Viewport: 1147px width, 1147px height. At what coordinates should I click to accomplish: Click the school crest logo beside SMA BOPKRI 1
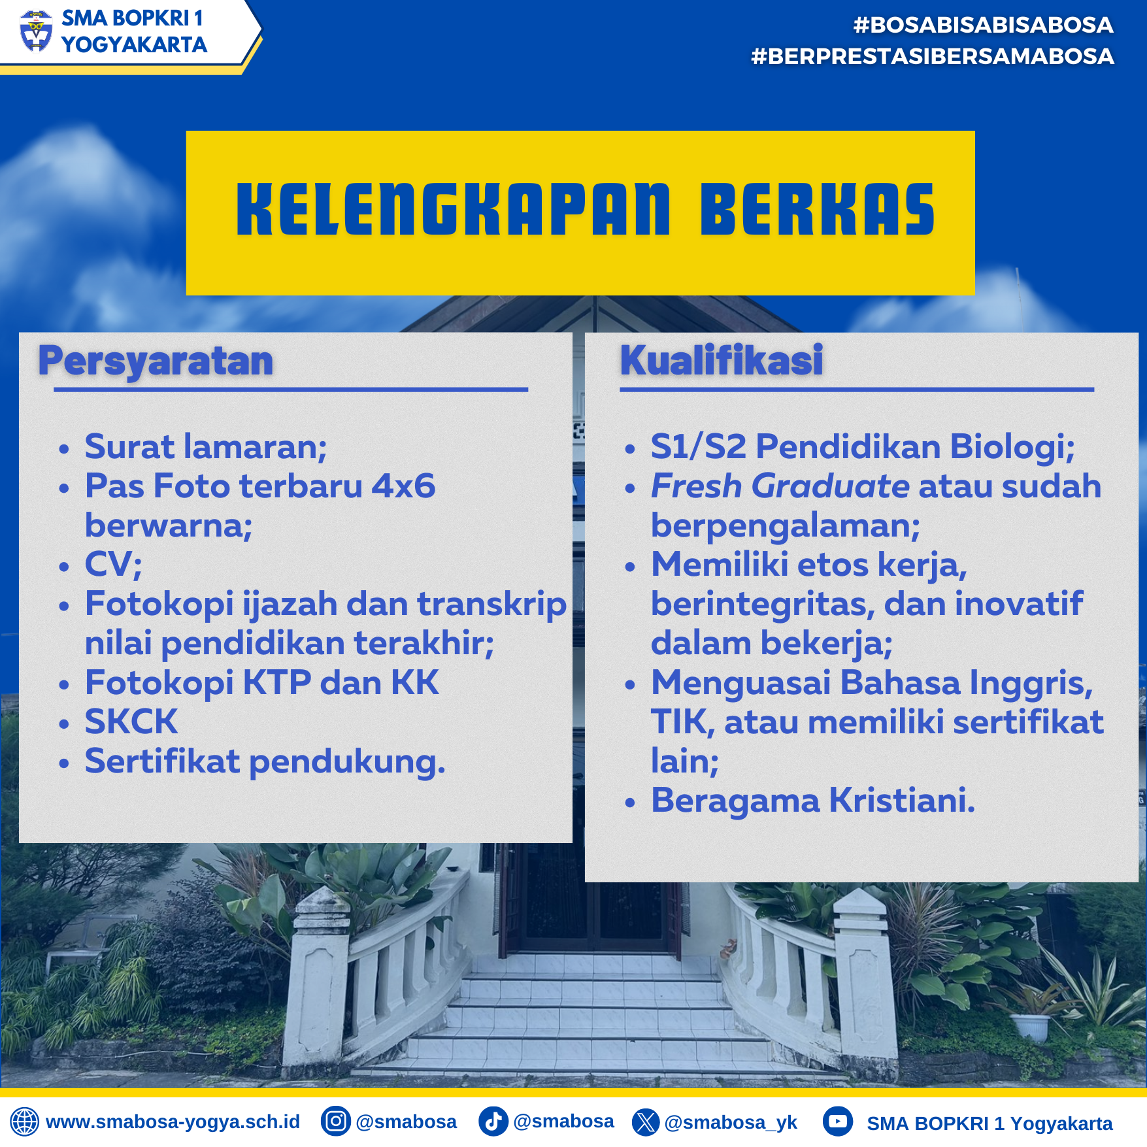pos(36,31)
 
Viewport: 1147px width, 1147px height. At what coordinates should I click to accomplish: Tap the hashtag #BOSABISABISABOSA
pos(983,25)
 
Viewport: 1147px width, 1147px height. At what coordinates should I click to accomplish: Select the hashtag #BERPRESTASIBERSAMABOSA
pos(933,56)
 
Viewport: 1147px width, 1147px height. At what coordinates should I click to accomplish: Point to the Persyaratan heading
pos(156,361)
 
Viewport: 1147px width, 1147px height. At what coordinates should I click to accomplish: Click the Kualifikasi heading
pos(722,360)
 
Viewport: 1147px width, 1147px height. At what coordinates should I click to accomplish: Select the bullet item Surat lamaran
pos(206,447)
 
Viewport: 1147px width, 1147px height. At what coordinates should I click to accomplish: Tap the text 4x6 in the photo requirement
pos(403,486)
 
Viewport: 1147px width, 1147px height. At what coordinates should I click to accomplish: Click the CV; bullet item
pos(113,565)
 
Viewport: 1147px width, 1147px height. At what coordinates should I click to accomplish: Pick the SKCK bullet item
pos(131,722)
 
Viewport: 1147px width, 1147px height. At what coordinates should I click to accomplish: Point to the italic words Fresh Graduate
pos(780,486)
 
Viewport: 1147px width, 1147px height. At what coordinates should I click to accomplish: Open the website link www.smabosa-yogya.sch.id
pos(173,1122)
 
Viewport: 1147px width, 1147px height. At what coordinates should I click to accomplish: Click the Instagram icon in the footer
pos(336,1122)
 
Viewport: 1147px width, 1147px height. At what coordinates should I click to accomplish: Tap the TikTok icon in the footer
pos(493,1122)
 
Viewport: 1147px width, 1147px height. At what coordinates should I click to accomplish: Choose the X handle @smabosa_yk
pos(731,1123)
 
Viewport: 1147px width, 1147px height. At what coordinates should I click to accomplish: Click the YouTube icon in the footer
pos(838,1122)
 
